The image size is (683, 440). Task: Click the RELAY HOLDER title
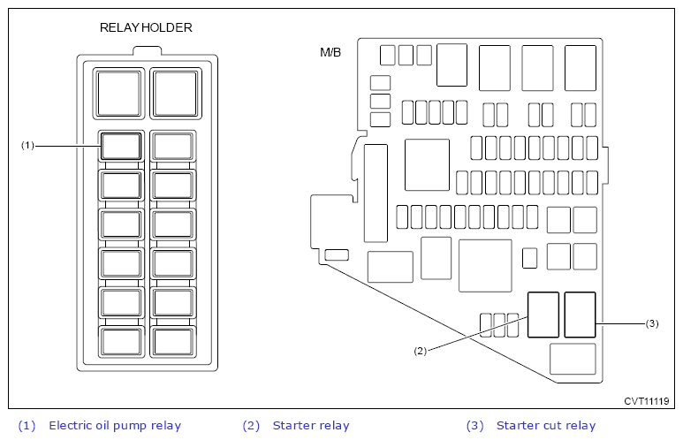[x=146, y=28]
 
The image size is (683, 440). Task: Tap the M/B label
[x=330, y=53]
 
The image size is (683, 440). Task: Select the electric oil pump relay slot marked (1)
[x=121, y=147]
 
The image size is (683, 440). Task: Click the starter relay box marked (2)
[x=543, y=315]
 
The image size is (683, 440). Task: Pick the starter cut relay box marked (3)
[x=580, y=315]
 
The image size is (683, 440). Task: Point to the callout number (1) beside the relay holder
[x=27, y=146]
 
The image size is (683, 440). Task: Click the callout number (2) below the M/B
[x=421, y=351]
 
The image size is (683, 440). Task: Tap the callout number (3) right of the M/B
[x=652, y=323]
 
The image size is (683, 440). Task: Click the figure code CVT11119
[x=647, y=401]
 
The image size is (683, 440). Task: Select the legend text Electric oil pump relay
[x=115, y=426]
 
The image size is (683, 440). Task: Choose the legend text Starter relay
[x=311, y=426]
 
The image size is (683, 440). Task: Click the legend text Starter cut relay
[x=546, y=426]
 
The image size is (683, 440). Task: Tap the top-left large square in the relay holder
[x=119, y=94]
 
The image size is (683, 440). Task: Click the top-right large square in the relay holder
[x=176, y=94]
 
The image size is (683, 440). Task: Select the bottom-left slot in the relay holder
[x=121, y=342]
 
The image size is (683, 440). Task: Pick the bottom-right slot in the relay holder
[x=173, y=342]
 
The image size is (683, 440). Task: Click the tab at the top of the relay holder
[x=148, y=50]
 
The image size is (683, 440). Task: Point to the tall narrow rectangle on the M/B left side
[x=376, y=193]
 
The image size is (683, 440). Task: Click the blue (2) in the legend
[x=251, y=426]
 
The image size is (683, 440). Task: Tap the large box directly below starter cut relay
[x=573, y=359]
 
